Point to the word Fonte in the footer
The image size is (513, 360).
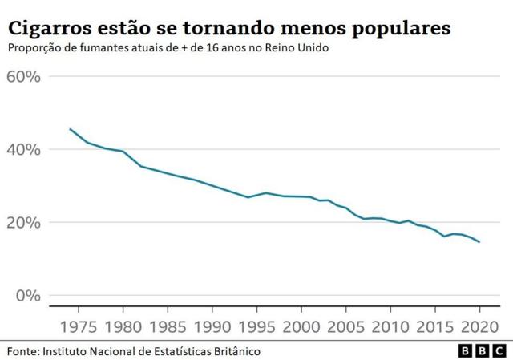pyautogui.click(x=22, y=351)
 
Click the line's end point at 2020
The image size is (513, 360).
pyautogui.click(x=479, y=242)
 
